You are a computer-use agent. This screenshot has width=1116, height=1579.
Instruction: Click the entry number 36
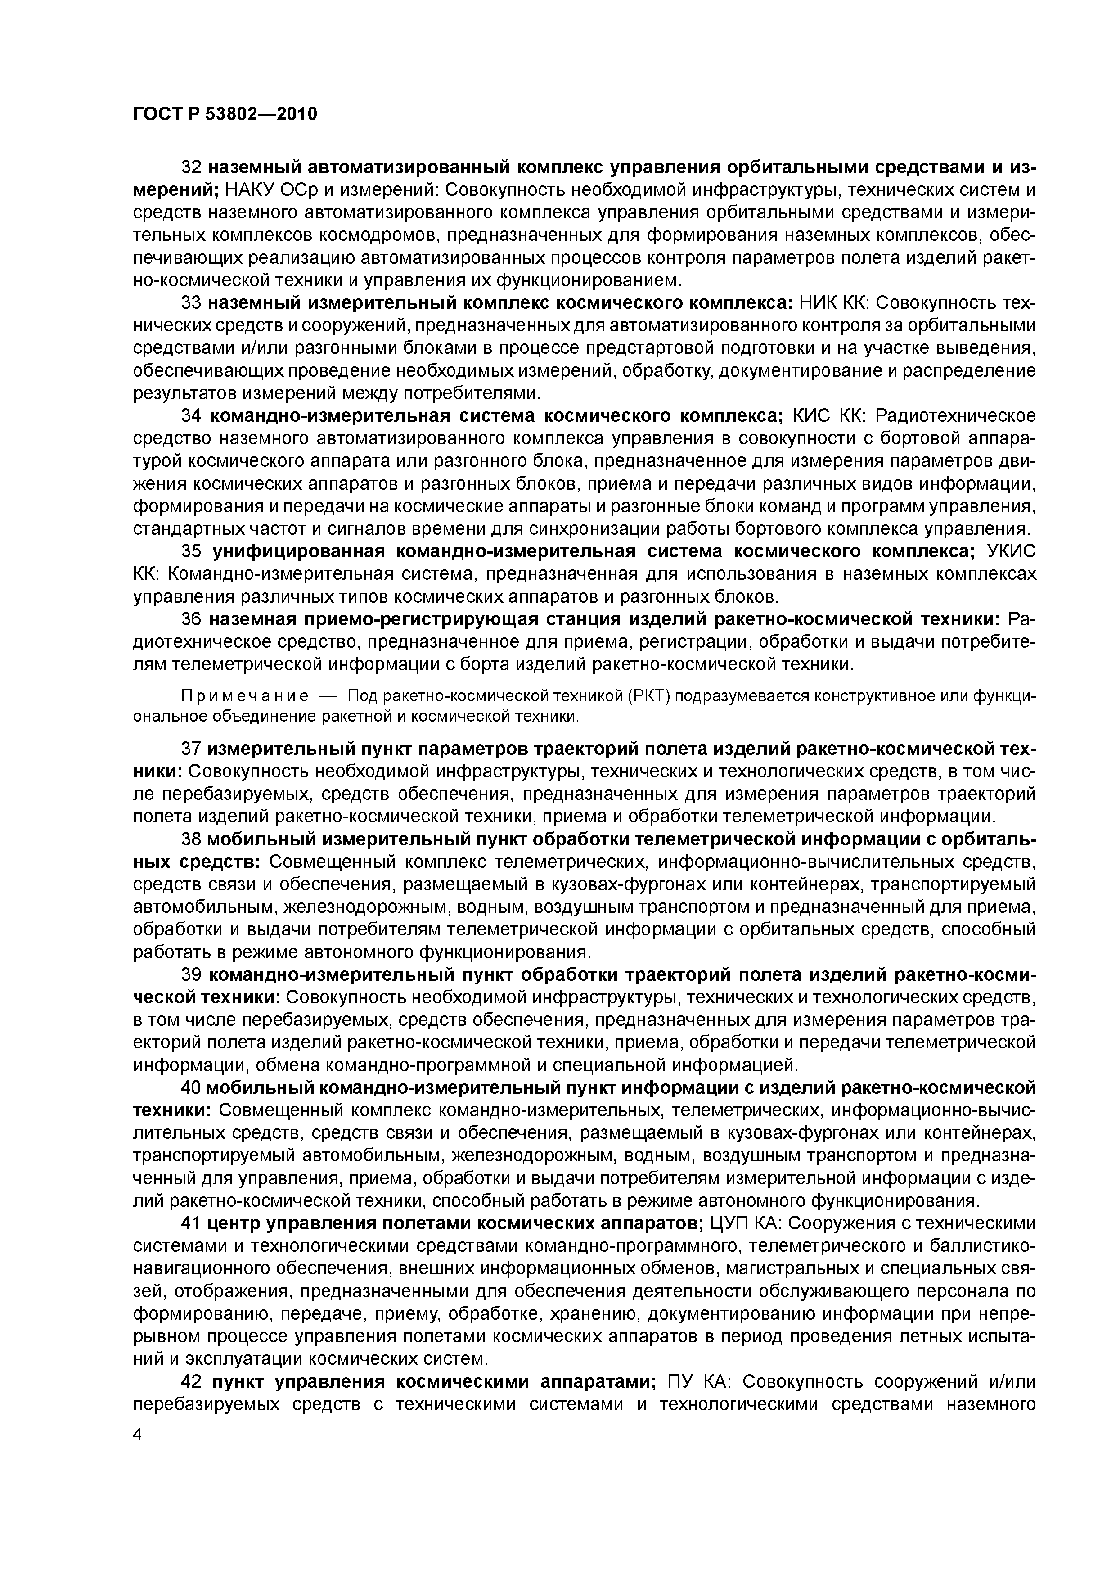190,619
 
